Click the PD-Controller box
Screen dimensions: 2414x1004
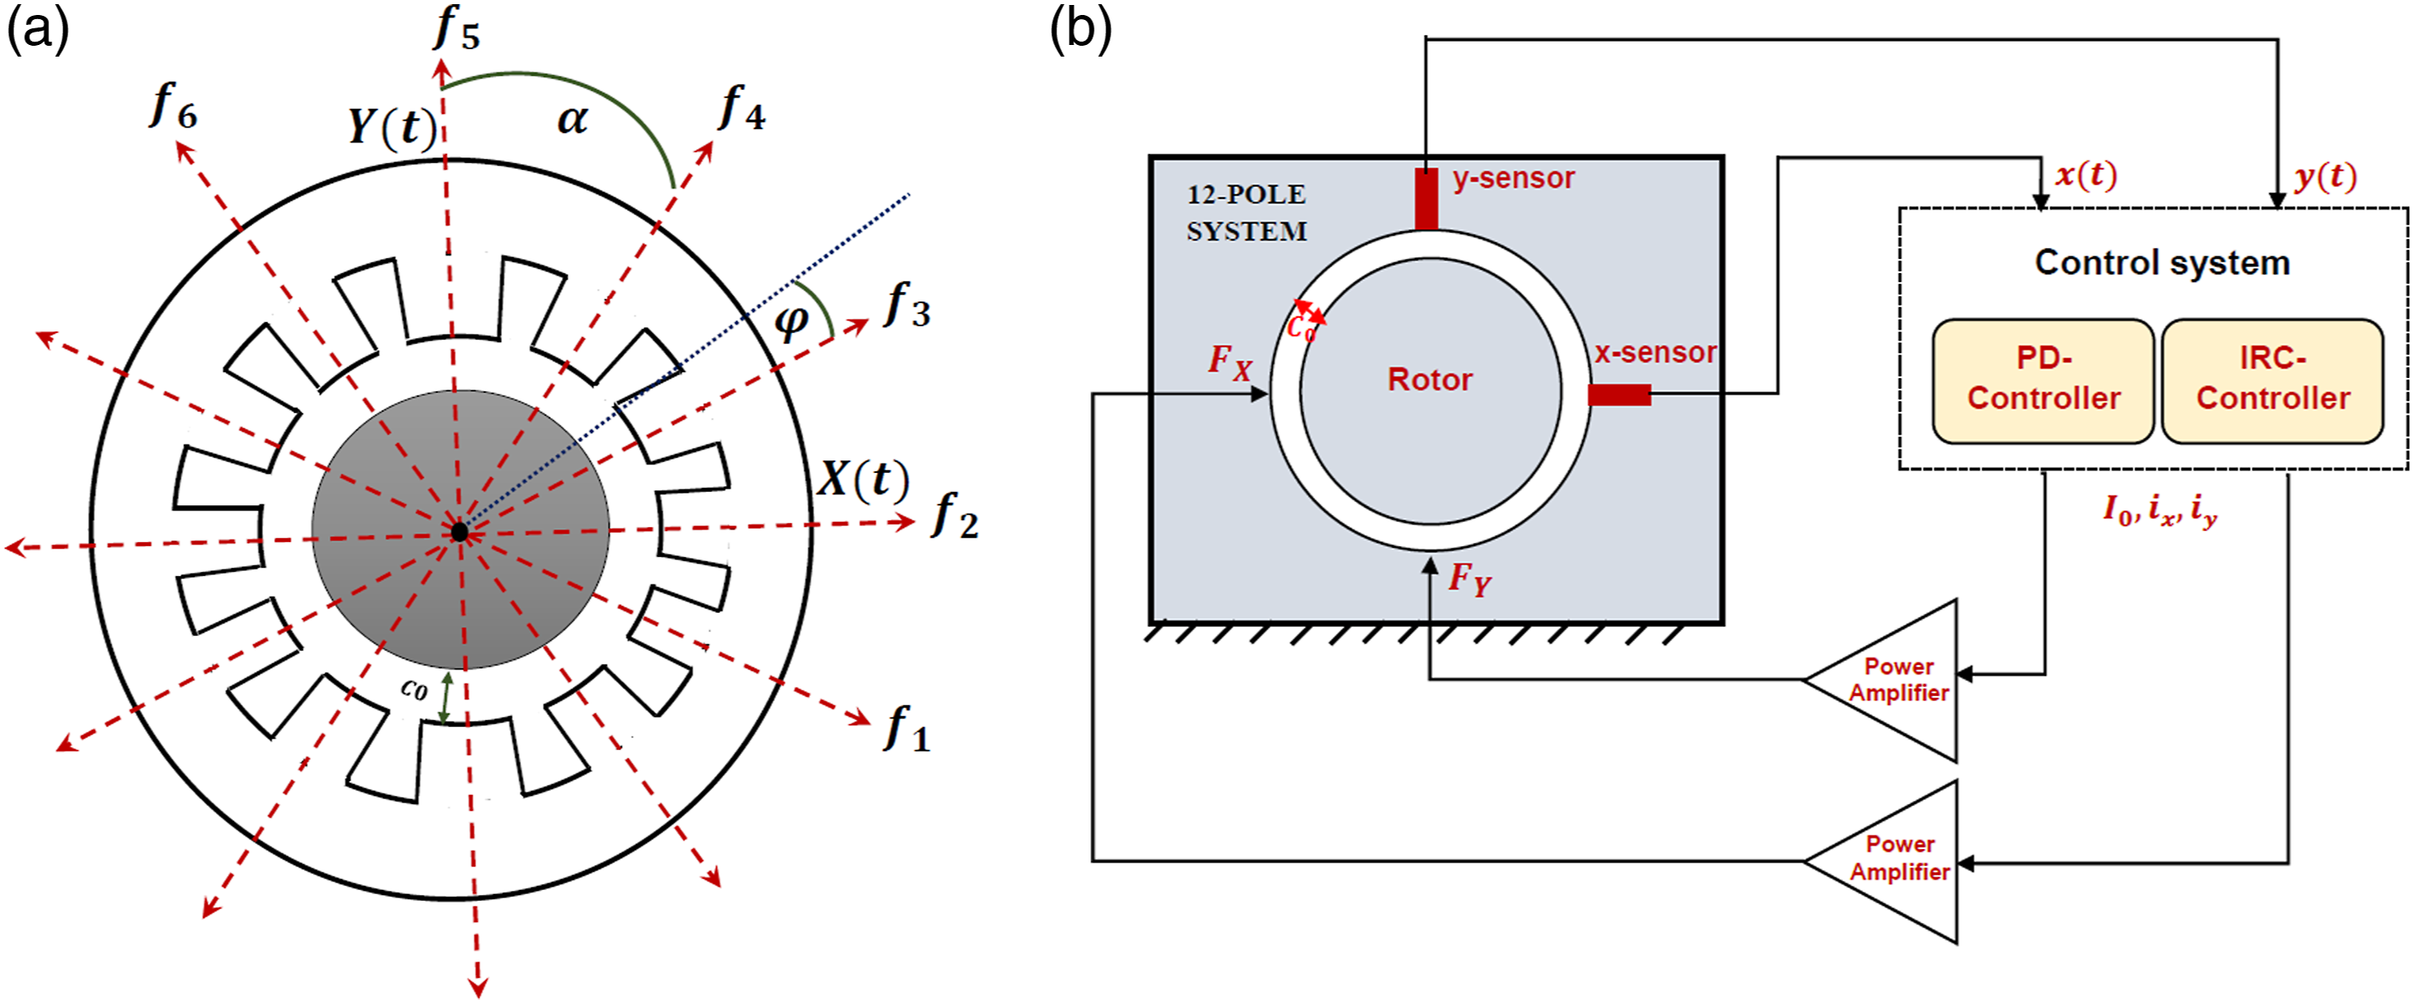(x=2043, y=380)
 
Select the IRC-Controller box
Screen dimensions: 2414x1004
(x=2272, y=380)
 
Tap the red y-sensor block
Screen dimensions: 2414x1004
(x=1425, y=199)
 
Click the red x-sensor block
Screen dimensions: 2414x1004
(x=1619, y=395)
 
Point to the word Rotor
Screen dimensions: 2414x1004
(x=1429, y=380)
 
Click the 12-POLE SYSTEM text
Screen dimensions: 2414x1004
(x=1246, y=213)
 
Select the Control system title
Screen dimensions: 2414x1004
(x=2162, y=262)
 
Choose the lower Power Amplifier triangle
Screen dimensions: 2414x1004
(x=1884, y=861)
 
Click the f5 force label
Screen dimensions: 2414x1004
(x=457, y=27)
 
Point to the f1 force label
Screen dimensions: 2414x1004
(x=907, y=728)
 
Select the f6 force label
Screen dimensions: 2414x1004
(x=173, y=105)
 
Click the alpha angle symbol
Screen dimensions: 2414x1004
(x=573, y=119)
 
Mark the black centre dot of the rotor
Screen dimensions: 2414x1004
(x=459, y=531)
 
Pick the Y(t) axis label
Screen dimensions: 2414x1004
(x=393, y=127)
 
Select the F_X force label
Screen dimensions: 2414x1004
(x=1229, y=361)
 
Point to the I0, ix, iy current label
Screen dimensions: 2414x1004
(x=2160, y=511)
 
